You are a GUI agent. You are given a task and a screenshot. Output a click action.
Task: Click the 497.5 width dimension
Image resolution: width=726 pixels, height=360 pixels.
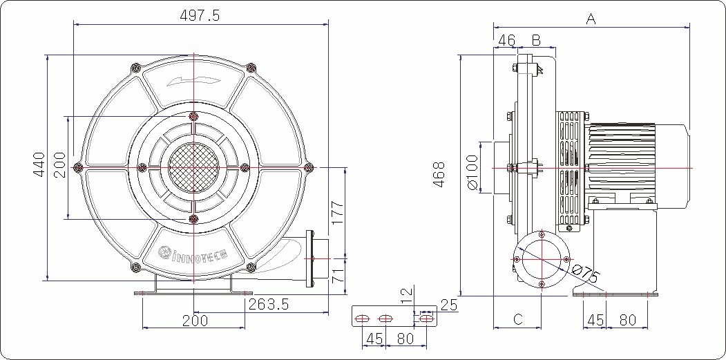200,15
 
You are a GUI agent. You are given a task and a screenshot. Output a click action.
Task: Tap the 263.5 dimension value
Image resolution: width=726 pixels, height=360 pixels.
269,305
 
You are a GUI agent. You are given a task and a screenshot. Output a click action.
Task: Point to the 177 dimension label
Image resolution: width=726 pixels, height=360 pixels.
337,213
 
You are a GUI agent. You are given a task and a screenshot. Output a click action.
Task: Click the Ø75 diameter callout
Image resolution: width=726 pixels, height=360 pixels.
586,275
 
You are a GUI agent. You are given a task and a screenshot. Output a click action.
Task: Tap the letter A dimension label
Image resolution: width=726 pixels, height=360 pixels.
591,19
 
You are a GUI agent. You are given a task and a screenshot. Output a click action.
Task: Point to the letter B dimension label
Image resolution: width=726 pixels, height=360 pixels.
536,40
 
